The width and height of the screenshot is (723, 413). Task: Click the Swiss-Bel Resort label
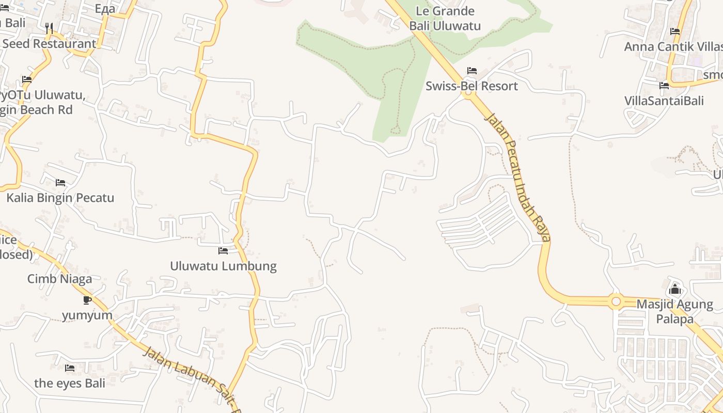pyautogui.click(x=471, y=86)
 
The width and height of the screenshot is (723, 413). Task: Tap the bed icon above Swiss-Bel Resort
pyautogui.click(x=471, y=71)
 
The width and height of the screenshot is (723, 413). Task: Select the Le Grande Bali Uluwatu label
pyautogui.click(x=445, y=19)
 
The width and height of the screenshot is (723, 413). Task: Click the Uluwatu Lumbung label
pyautogui.click(x=223, y=266)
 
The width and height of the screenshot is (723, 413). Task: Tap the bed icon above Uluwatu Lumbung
pyautogui.click(x=223, y=251)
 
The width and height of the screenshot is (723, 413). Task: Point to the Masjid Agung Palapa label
pyautogui.click(x=674, y=311)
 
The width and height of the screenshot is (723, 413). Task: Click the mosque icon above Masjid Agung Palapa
pyautogui.click(x=674, y=289)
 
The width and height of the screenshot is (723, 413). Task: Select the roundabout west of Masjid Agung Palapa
pyautogui.click(x=616, y=301)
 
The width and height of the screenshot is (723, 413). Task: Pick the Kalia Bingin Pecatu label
pyautogui.click(x=60, y=198)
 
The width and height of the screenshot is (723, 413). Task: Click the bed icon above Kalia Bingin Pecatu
pyautogui.click(x=60, y=183)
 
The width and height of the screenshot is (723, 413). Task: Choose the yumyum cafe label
pyautogui.click(x=87, y=315)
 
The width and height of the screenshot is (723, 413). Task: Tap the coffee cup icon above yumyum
pyautogui.click(x=87, y=300)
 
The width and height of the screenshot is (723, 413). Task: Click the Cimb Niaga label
pyautogui.click(x=59, y=279)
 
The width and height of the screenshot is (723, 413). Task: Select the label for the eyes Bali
pyautogui.click(x=70, y=383)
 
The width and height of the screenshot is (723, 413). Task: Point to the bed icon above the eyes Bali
pyautogui.click(x=70, y=368)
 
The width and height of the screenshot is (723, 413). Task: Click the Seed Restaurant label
pyautogui.click(x=49, y=44)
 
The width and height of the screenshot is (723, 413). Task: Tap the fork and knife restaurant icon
pyautogui.click(x=49, y=28)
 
